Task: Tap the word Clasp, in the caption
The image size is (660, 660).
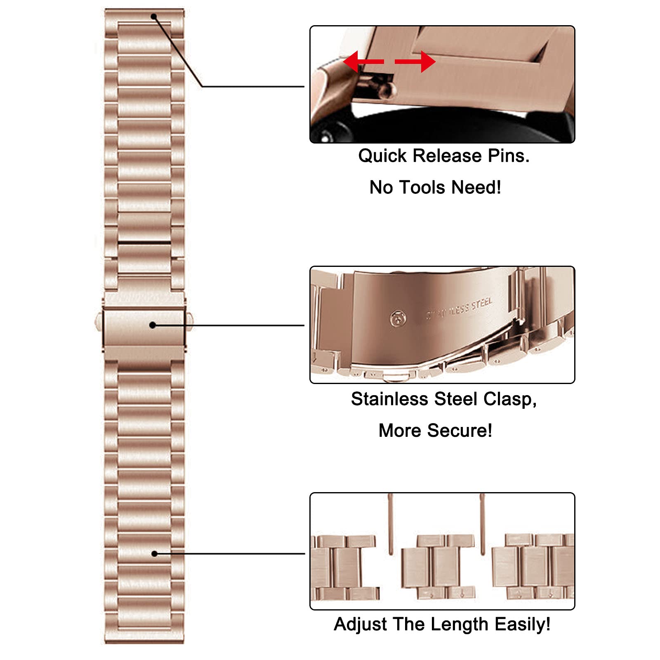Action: pyautogui.click(x=510, y=399)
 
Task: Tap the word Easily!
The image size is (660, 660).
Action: pyautogui.click(x=522, y=625)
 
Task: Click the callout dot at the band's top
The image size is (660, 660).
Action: pyautogui.click(x=153, y=17)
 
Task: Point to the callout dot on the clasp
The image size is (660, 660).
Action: pyautogui.click(x=152, y=325)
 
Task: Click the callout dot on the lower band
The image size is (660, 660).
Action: pyautogui.click(x=154, y=554)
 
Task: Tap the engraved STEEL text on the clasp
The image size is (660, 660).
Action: pyautogui.click(x=482, y=304)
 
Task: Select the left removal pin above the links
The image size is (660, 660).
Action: pyautogui.click(x=391, y=524)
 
